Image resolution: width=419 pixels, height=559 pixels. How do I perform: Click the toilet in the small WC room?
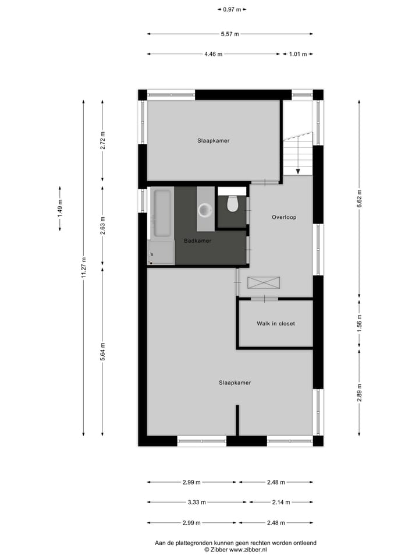[233, 204]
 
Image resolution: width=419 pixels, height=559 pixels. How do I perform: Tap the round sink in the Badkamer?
[205, 209]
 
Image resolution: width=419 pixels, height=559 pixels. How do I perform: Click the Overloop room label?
[284, 217]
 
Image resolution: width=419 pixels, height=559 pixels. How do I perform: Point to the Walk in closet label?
[276, 323]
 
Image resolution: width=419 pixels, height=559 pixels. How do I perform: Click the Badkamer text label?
[197, 240]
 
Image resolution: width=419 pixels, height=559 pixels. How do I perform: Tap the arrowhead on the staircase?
[298, 171]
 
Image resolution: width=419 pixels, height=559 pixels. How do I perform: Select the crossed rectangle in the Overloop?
[264, 282]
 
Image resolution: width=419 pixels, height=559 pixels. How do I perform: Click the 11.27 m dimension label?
[83, 268]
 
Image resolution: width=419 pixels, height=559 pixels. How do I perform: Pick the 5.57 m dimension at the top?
[230, 34]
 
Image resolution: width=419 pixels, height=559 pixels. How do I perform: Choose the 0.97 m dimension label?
[232, 9]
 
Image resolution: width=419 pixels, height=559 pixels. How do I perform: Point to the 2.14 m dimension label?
[280, 502]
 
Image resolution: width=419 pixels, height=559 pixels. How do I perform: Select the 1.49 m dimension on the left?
[59, 208]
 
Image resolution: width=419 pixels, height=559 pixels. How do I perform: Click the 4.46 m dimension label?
[213, 54]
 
